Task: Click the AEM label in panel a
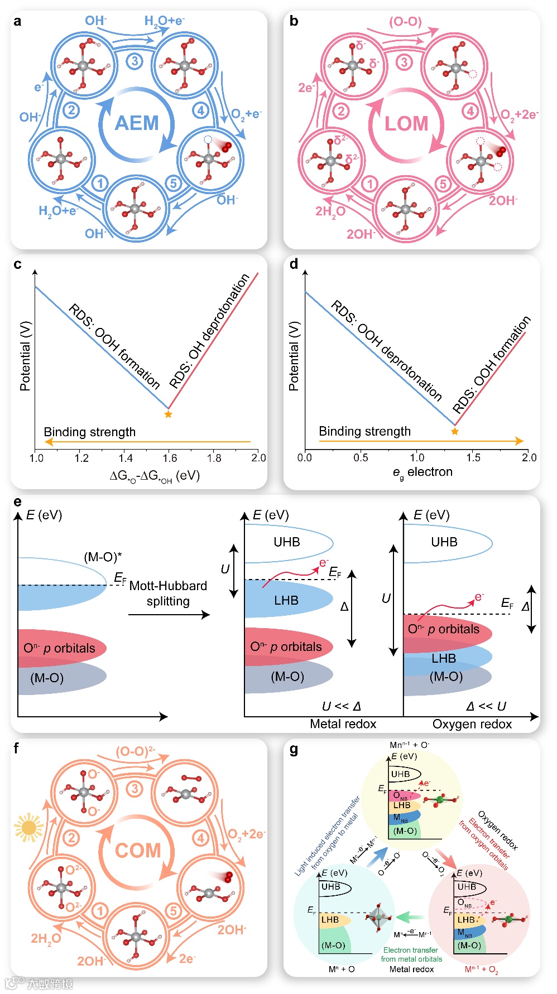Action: click(136, 123)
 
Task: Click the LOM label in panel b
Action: click(406, 123)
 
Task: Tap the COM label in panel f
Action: click(137, 850)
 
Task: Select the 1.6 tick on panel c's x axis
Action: click(170, 458)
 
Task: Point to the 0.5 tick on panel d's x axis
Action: click(361, 457)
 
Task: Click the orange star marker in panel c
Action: click(168, 414)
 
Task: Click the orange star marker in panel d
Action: click(455, 431)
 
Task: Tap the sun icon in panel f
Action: click(28, 828)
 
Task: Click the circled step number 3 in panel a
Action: click(134, 61)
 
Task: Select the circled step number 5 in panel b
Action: click(443, 184)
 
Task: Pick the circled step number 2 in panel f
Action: click(71, 837)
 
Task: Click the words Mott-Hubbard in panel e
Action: click(168, 586)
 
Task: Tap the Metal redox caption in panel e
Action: click(343, 724)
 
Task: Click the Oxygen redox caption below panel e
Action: click(472, 724)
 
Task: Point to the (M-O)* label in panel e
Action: click(103, 557)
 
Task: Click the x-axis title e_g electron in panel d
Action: click(422, 472)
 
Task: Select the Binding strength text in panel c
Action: click(89, 432)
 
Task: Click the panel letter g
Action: click(294, 750)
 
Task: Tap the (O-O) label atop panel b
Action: click(405, 22)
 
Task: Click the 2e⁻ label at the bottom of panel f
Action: click(187, 958)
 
